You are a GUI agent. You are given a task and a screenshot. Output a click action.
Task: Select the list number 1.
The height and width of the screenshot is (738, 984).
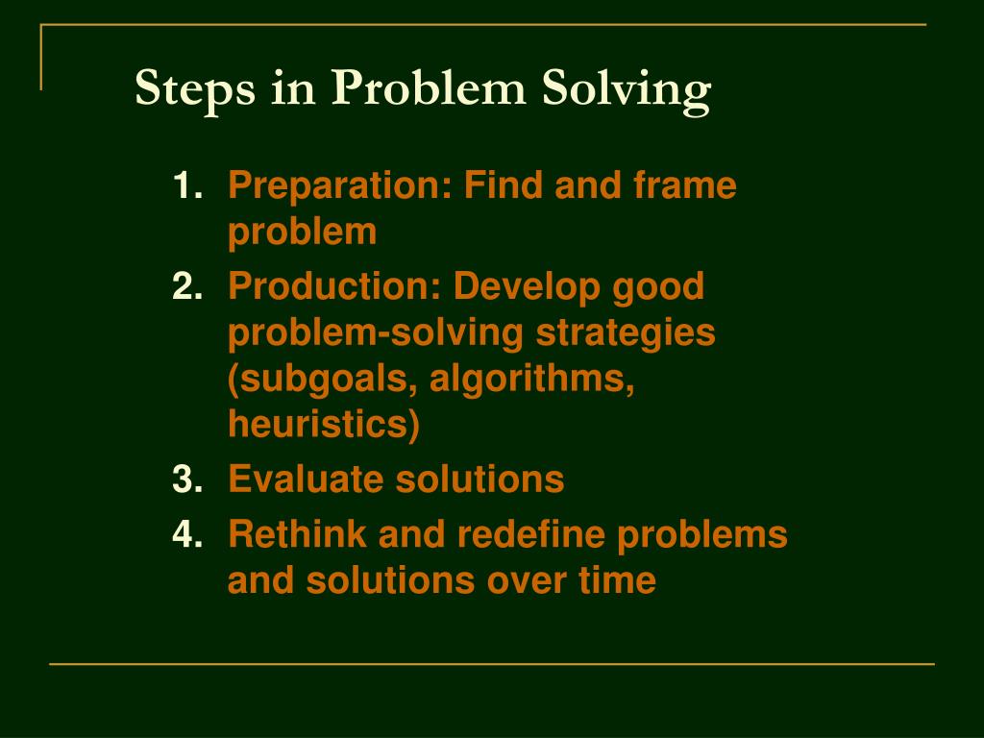pos(186,185)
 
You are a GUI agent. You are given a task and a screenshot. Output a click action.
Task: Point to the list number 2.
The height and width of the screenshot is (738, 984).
pos(186,285)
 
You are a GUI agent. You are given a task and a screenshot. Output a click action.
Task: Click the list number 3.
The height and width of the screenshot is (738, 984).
pos(186,479)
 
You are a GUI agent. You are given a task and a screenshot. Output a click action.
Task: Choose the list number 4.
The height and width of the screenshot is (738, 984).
pos(186,534)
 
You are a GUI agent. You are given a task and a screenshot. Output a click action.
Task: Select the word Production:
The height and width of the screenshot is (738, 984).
pos(335,285)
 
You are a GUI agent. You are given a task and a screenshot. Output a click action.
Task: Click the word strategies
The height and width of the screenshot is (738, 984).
pos(626,334)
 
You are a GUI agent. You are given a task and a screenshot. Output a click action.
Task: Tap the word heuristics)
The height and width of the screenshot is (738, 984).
pos(324,426)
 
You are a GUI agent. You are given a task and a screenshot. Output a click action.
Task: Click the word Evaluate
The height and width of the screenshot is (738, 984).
pos(306,479)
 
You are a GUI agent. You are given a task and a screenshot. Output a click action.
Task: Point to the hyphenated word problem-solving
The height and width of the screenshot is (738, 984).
pos(376,334)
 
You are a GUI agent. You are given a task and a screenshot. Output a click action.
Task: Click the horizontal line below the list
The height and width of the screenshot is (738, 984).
pos(492,664)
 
